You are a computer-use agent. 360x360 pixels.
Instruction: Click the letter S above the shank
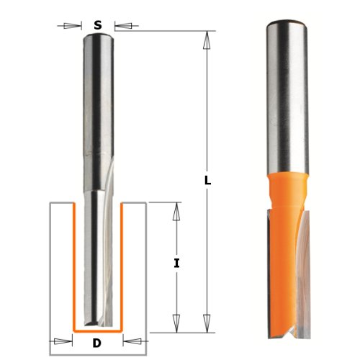click(97, 25)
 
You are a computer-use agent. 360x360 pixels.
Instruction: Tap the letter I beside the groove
click(176, 264)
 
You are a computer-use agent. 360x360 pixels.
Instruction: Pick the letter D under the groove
click(97, 343)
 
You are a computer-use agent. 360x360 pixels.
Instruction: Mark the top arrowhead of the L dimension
click(207, 39)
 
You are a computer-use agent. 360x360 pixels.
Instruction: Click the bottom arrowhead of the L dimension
click(207, 323)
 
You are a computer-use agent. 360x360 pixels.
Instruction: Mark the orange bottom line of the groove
click(97, 332)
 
